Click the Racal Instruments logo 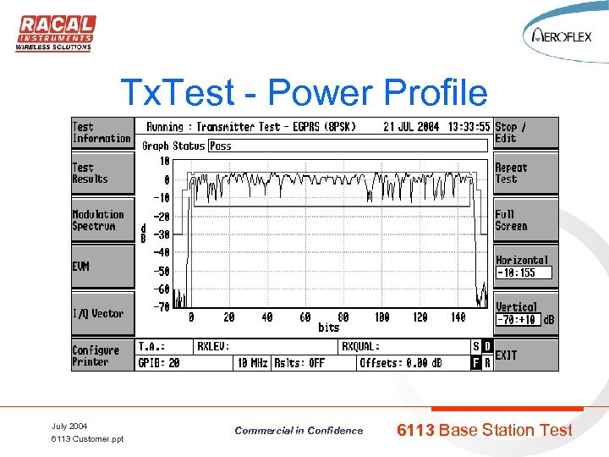point(55,33)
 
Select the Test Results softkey point(101,173)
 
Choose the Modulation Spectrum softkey point(101,221)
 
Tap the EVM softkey point(101,267)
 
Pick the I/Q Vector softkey point(101,314)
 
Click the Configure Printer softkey point(101,356)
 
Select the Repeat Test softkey point(525,173)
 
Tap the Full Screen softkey point(525,221)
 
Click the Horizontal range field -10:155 point(523,273)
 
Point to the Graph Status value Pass point(221,146)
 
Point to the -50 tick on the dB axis point(162,272)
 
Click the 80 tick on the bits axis point(343,317)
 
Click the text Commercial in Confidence point(299,431)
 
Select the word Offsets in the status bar point(380,363)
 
